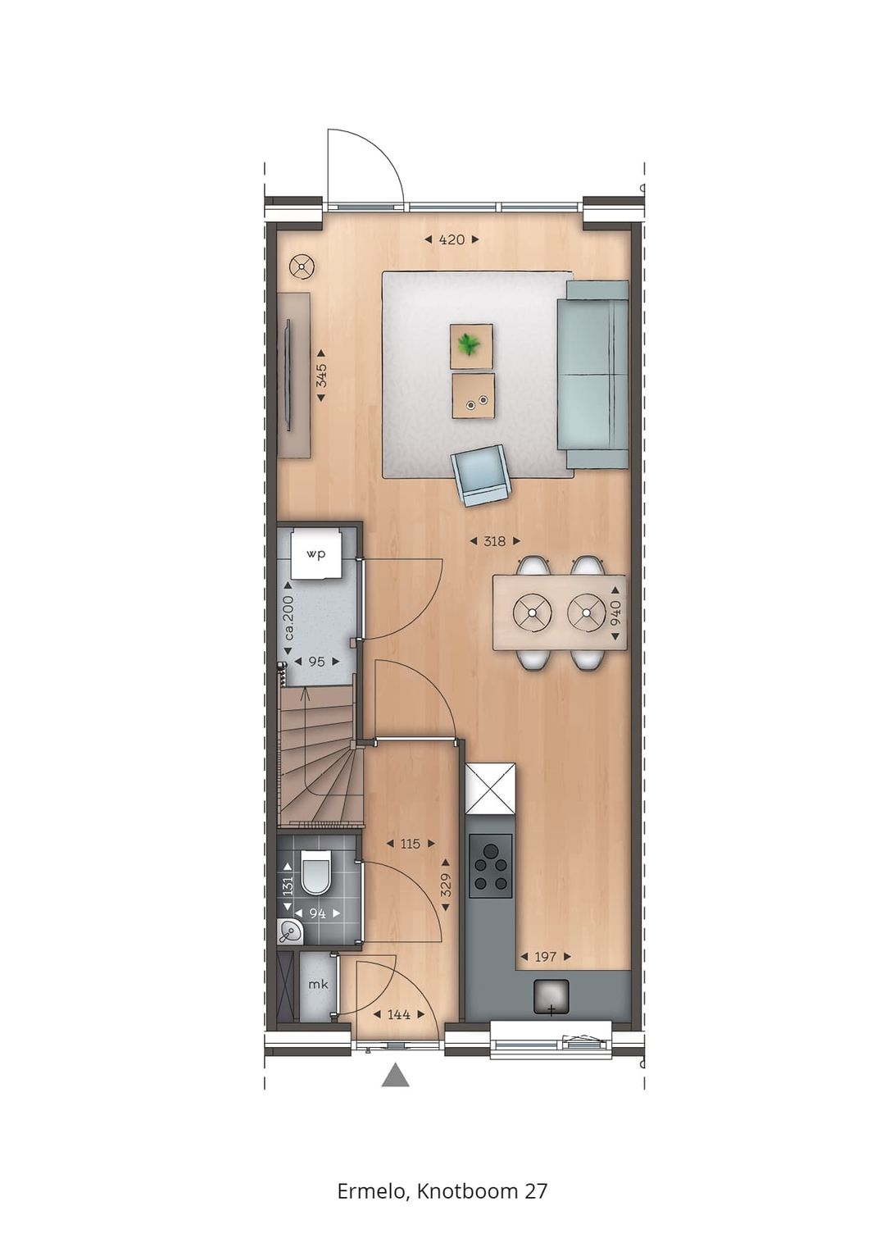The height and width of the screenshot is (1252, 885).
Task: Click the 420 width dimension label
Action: click(x=452, y=239)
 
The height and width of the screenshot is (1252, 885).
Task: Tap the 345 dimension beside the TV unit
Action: click(x=321, y=375)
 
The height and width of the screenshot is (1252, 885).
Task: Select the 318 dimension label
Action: click(x=494, y=541)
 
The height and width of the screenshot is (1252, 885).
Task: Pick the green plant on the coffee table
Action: click(x=469, y=345)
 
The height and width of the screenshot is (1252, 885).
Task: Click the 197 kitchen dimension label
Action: click(x=545, y=957)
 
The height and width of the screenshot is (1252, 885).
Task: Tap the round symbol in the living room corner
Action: click(x=302, y=267)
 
